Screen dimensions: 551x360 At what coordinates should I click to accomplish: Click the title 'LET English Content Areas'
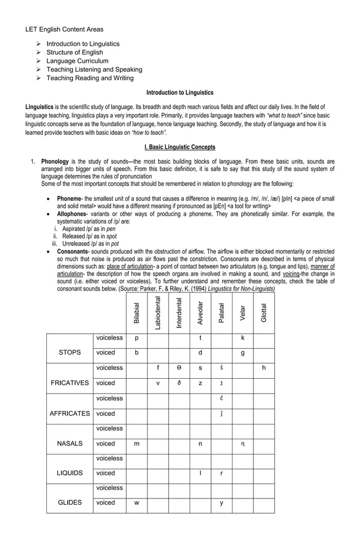pyautogui.click(x=64, y=29)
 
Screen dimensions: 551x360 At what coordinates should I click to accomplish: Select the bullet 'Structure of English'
pyautogui.click(x=74, y=53)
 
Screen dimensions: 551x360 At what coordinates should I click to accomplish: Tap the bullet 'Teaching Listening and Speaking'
pyautogui.click(x=94, y=69)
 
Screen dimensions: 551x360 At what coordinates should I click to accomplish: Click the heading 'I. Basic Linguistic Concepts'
pyautogui.click(x=179, y=147)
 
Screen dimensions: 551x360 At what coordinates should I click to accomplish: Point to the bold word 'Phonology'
pyautogui.click(x=56, y=161)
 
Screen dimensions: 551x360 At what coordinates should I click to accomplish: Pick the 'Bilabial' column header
pyautogui.click(x=137, y=313)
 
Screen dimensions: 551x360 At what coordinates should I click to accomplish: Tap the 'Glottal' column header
pyautogui.click(x=264, y=313)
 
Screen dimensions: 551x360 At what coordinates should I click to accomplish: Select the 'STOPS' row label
pyautogui.click(x=69, y=353)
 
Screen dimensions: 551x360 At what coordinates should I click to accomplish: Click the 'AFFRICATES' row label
pyautogui.click(x=69, y=413)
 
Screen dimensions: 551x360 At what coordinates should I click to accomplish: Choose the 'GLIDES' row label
pyautogui.click(x=69, y=502)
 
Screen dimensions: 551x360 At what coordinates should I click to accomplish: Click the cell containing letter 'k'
pyautogui.click(x=242, y=338)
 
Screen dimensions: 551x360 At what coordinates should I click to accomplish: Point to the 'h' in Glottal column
pyautogui.click(x=264, y=368)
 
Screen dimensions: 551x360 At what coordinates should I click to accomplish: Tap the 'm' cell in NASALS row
pyautogui.click(x=137, y=444)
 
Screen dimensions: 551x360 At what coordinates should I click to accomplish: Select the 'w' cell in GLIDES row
pyautogui.click(x=137, y=502)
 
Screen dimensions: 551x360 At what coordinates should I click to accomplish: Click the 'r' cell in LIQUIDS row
pyautogui.click(x=221, y=473)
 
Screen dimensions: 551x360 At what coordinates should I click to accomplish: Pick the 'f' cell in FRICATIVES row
pyautogui.click(x=158, y=368)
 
